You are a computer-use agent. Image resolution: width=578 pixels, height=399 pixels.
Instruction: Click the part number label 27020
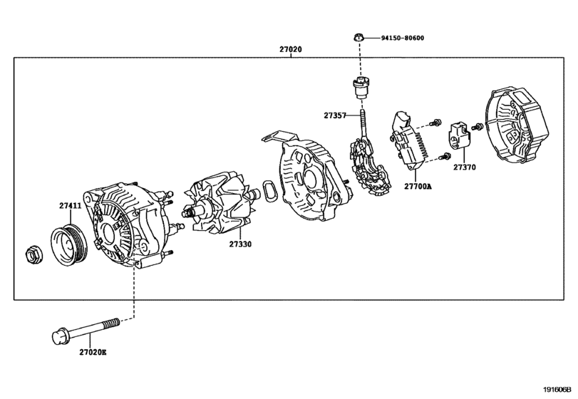[x=290, y=51]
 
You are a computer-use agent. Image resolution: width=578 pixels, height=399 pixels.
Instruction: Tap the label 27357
[x=335, y=114]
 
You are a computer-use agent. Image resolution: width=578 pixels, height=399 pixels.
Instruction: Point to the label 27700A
[x=419, y=185]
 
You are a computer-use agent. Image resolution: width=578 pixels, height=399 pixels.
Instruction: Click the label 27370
[x=464, y=167]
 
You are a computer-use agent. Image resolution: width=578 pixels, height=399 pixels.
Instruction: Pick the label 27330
[x=241, y=244]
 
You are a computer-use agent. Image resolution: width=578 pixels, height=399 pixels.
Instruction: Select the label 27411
[x=70, y=205]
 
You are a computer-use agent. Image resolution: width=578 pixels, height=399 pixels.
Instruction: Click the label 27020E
[x=93, y=352]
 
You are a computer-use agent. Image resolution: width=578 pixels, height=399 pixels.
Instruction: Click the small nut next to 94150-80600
[x=360, y=37]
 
